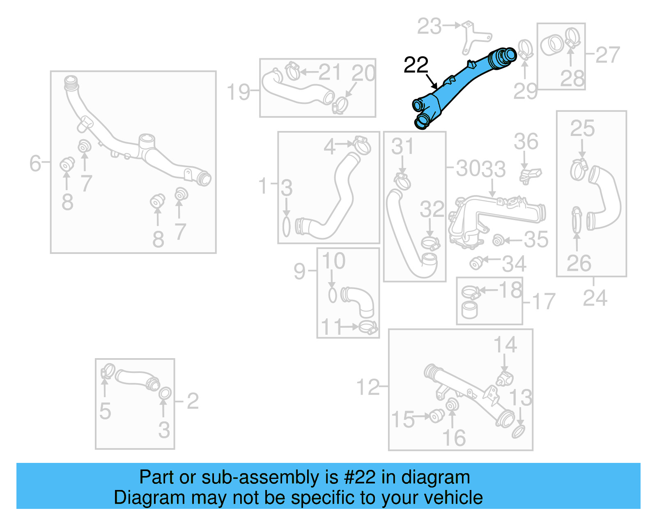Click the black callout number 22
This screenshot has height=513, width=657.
pyautogui.click(x=416, y=65)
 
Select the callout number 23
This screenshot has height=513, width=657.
pyautogui.click(x=429, y=27)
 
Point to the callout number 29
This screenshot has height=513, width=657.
pyautogui.click(x=525, y=91)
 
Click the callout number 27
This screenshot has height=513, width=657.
pyautogui.click(x=608, y=55)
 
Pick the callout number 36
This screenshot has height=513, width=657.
pyautogui.click(x=526, y=142)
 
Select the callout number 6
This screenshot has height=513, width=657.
pyautogui.click(x=35, y=163)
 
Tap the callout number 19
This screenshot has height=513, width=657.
pyautogui.click(x=238, y=92)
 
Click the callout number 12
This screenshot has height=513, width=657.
pyautogui.click(x=368, y=387)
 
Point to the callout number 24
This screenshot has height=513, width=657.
pyautogui.click(x=595, y=298)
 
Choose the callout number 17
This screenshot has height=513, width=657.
pyautogui.click(x=544, y=301)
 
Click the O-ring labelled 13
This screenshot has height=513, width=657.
pyautogui.click(x=519, y=432)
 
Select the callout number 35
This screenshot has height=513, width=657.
pyautogui.click(x=536, y=239)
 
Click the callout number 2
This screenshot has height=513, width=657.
pyautogui.click(x=193, y=401)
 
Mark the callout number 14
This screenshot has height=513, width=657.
pyautogui.click(x=505, y=345)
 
